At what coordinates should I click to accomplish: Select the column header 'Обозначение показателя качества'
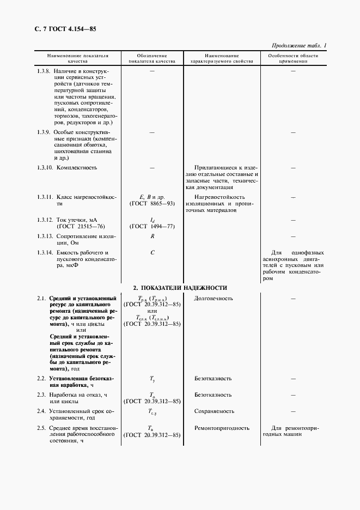(x=152, y=59)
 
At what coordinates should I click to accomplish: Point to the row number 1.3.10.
(x=45, y=167)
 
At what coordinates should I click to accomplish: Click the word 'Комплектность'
(x=77, y=167)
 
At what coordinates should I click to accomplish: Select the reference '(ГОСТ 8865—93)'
(x=152, y=203)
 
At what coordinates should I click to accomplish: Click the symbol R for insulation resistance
(x=152, y=236)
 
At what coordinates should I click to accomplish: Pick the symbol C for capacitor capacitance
(x=152, y=253)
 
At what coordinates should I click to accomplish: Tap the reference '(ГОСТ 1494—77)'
(x=152, y=226)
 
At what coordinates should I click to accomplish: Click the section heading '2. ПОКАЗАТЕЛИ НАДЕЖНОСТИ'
(x=180, y=288)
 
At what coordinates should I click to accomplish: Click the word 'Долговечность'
(x=213, y=298)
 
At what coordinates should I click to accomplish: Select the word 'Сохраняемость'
(x=214, y=411)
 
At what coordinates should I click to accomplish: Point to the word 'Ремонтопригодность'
(x=222, y=428)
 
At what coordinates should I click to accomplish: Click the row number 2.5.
(x=41, y=428)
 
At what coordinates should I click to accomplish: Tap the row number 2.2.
(x=41, y=378)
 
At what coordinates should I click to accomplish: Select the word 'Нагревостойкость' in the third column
(x=219, y=197)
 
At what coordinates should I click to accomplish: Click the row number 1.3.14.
(x=45, y=253)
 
